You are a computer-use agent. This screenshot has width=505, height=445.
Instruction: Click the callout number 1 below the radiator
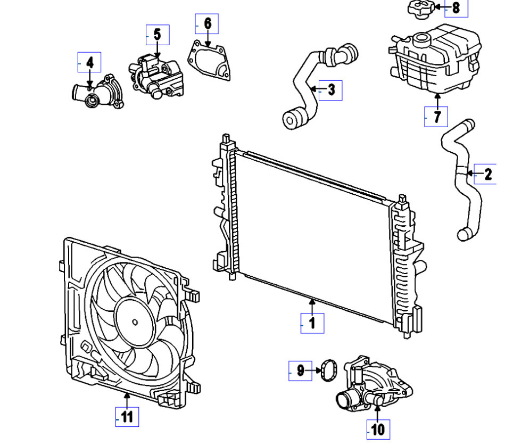312,323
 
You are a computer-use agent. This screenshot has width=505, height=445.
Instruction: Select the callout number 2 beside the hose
487,173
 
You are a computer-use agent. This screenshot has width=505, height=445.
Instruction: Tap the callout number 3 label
331,90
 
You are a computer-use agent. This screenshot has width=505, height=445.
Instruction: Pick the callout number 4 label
89,63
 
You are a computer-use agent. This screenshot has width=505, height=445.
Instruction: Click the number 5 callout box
158,35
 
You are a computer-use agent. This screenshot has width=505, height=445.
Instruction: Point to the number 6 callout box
207,23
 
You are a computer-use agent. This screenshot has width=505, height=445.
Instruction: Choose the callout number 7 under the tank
436,116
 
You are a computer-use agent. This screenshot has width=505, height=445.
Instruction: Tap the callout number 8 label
456,7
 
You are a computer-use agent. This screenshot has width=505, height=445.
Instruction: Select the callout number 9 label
301,370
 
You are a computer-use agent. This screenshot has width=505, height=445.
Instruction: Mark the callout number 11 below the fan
127,416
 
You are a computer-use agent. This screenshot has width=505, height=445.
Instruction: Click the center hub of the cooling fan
135,322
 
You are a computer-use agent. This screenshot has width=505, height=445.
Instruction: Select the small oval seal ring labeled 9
328,369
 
